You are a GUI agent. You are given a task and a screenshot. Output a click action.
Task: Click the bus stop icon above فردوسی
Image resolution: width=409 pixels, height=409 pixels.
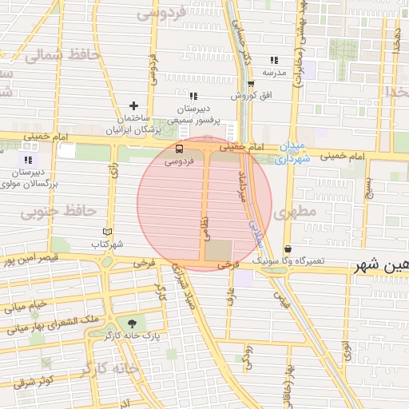(x=178, y=148)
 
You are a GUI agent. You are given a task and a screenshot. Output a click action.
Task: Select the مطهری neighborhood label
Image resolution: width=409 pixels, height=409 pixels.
(x=296, y=214)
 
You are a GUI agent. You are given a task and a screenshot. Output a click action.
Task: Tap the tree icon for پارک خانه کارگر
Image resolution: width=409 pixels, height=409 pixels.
(x=131, y=323)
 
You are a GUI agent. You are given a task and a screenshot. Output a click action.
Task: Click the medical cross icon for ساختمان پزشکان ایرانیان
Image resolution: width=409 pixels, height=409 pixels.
(x=133, y=105)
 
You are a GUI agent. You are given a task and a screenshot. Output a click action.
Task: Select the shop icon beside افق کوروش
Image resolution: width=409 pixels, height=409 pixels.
(x=250, y=83)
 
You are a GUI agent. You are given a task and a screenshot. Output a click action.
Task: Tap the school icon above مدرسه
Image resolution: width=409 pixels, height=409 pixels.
(x=274, y=60)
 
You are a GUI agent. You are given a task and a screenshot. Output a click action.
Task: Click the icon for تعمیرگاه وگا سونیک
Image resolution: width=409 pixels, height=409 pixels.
(x=288, y=249)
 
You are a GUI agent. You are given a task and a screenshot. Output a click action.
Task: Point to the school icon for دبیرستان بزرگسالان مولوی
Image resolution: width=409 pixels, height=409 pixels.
(x=29, y=159)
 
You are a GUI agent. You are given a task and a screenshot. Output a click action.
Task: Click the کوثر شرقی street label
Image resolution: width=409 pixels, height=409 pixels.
(x=33, y=380)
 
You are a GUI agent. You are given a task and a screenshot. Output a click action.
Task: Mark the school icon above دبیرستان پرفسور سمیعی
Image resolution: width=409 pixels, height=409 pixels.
(x=193, y=95)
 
